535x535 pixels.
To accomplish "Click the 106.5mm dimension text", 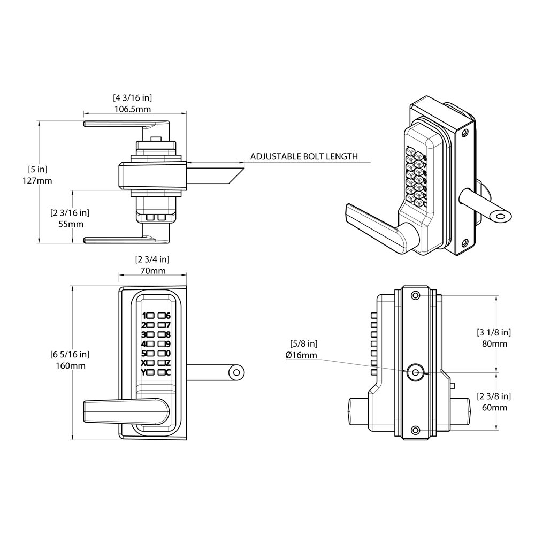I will [x=132, y=109].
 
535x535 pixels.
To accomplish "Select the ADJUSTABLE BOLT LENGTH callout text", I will [x=304, y=157].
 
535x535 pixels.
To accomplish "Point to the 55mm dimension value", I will [x=70, y=224].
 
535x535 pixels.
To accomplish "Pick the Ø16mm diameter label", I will [x=302, y=355].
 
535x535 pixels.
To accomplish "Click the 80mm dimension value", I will [x=494, y=343].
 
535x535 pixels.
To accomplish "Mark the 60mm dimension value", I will [x=494, y=408].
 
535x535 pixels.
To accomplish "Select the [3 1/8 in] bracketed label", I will [x=494, y=332].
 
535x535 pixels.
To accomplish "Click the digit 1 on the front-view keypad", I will [x=143, y=316].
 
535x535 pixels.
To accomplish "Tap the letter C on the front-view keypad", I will [x=168, y=372].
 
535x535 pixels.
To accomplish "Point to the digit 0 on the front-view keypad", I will [x=168, y=353].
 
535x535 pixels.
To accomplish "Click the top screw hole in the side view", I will [x=414, y=295].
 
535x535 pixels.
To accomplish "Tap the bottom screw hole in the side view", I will [x=414, y=430].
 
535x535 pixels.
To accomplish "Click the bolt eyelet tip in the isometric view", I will [x=501, y=216].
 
